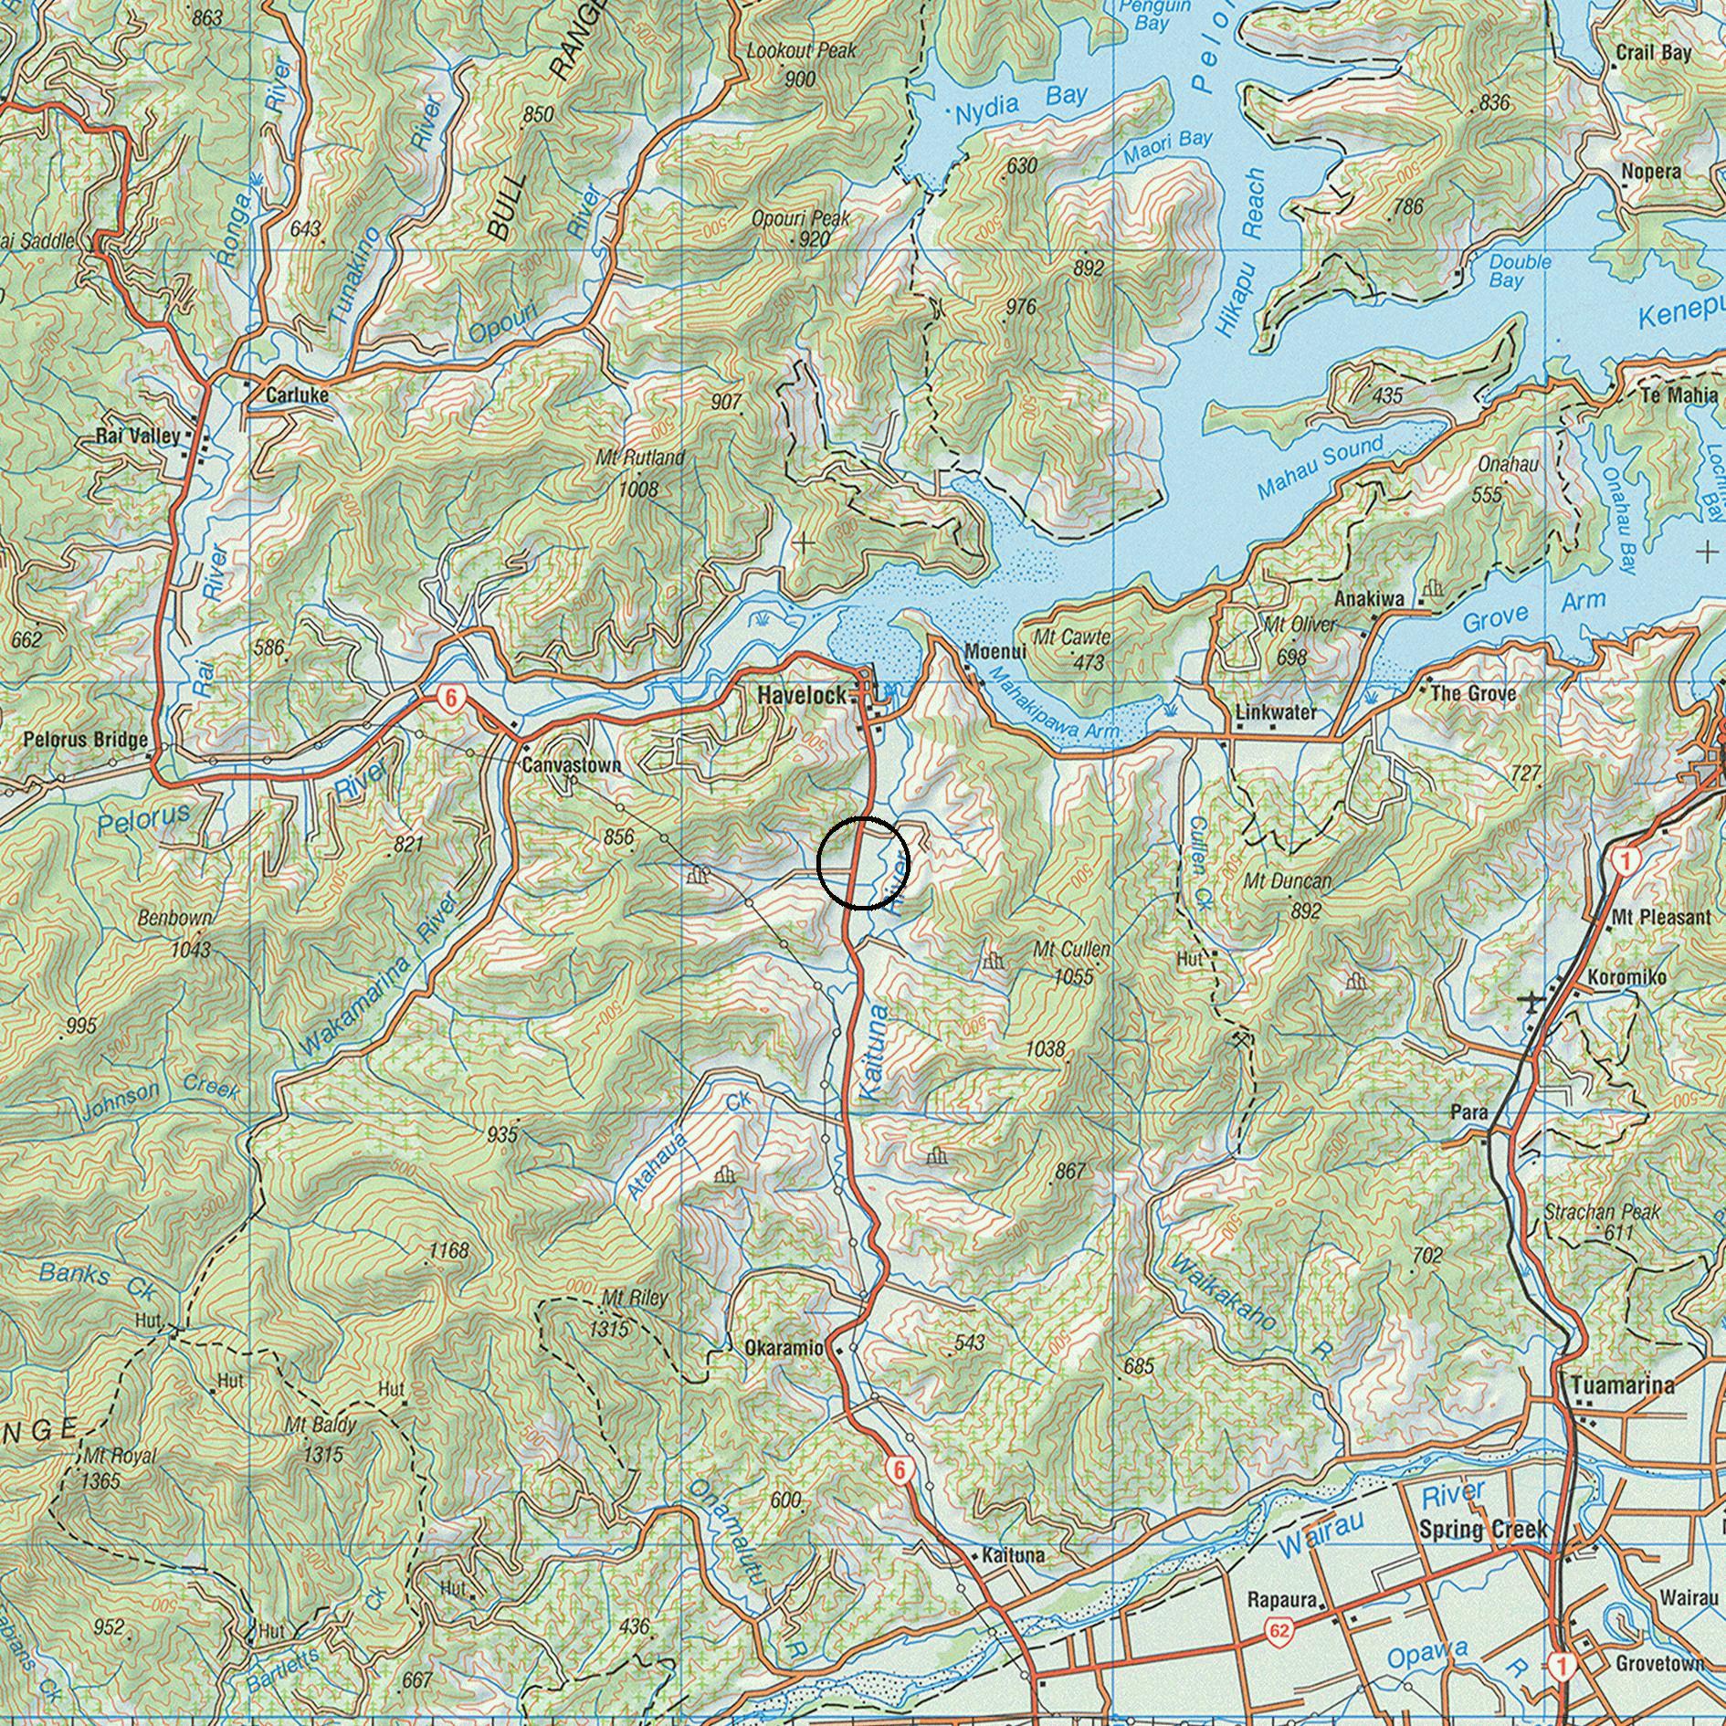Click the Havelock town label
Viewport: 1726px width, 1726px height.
(x=802, y=695)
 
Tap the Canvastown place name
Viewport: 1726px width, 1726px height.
(x=571, y=764)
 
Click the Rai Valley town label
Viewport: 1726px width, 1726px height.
(x=138, y=436)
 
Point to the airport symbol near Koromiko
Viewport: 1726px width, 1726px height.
(x=1531, y=1002)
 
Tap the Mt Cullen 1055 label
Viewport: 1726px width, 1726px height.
(x=1072, y=962)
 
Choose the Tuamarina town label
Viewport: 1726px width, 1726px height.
(x=1623, y=1385)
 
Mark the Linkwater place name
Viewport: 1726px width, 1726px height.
(x=1275, y=711)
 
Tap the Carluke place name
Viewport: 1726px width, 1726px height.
(x=297, y=395)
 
